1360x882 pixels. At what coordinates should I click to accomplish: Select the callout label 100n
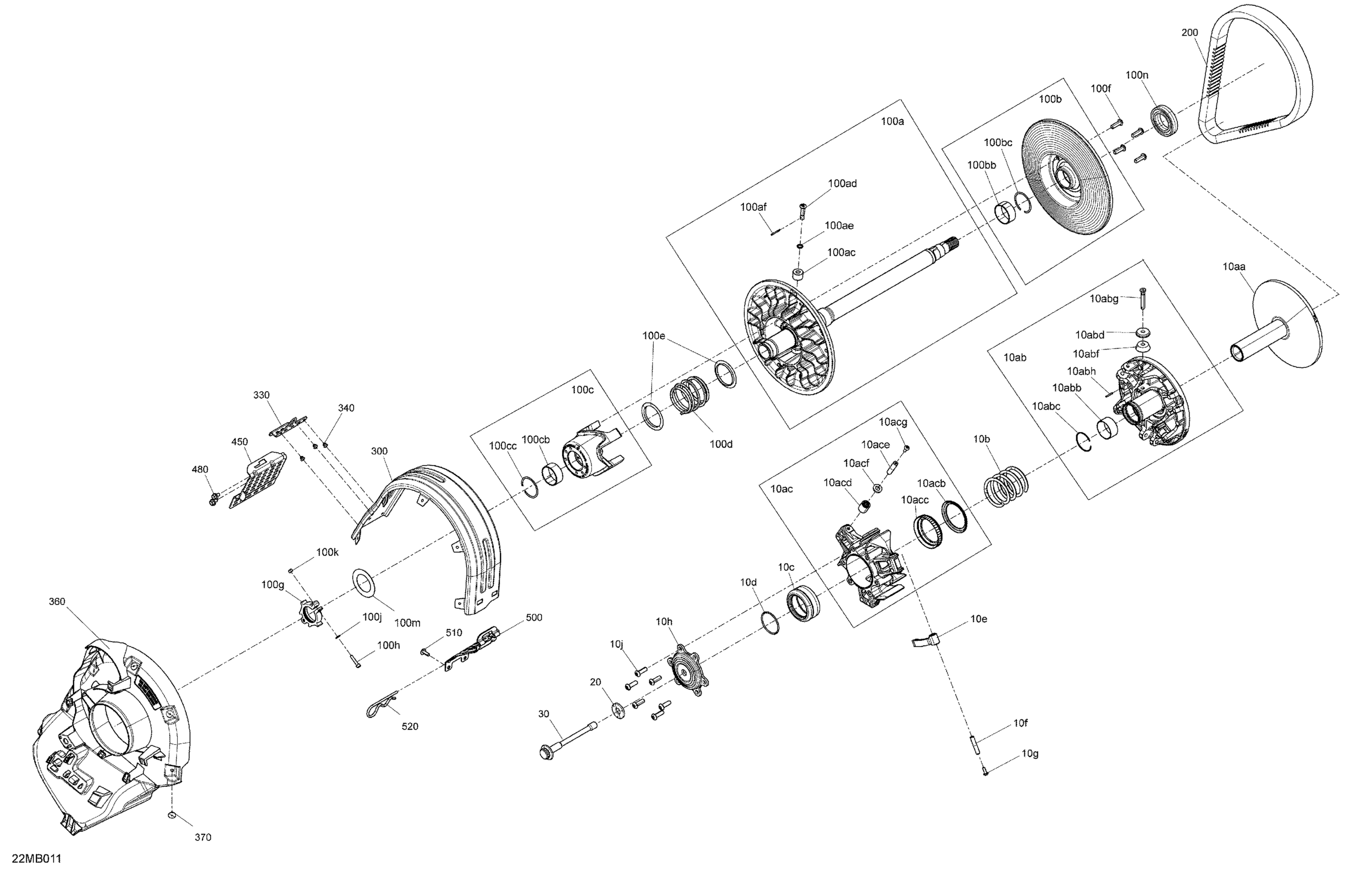(1137, 75)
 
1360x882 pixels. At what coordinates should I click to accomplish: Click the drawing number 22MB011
(36, 858)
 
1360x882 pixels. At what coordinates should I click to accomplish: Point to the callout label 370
(203, 838)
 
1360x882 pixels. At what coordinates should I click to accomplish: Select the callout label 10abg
(1103, 298)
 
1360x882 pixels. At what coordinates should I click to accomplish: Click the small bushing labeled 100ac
(798, 274)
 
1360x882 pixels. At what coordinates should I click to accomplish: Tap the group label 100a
(892, 121)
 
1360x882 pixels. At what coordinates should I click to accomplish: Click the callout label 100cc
(502, 446)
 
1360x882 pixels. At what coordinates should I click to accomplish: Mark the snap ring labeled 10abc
(1083, 441)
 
